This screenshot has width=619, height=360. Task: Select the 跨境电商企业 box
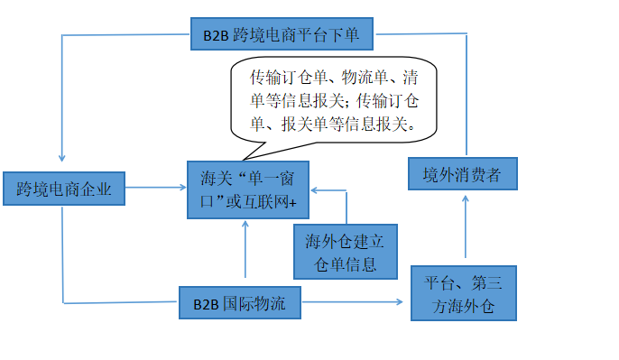click(x=62, y=189)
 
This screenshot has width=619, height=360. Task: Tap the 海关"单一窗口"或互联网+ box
click(x=248, y=189)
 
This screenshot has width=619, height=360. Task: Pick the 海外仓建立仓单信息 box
click(x=346, y=252)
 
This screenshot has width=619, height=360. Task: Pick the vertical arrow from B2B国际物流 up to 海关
click(x=245, y=253)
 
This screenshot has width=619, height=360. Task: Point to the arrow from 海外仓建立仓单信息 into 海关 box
click(x=329, y=190)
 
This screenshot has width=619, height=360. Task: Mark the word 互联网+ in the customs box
click(x=281, y=204)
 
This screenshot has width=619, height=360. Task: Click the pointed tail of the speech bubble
click(x=246, y=155)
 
